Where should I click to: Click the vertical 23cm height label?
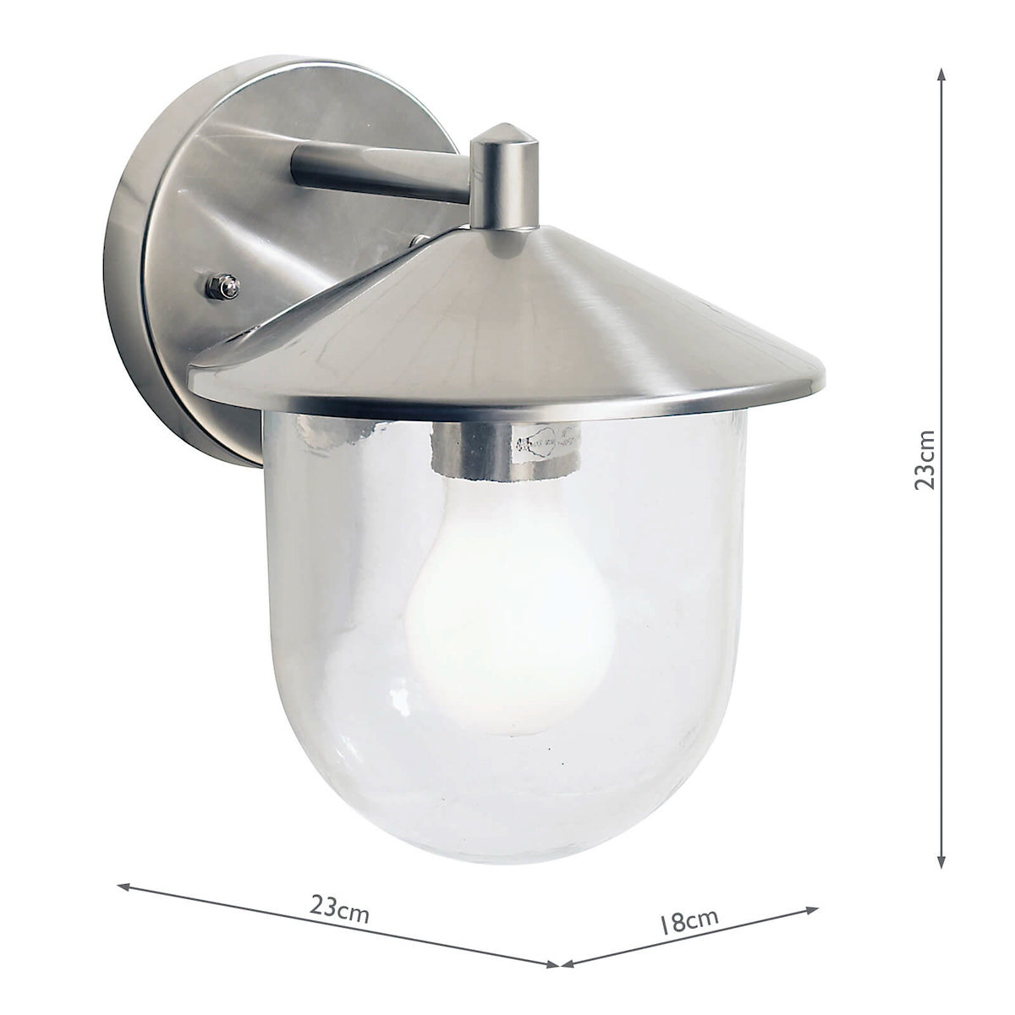pos(927,460)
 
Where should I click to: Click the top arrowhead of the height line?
pos(941,74)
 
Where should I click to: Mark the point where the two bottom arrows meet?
pos(558,963)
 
